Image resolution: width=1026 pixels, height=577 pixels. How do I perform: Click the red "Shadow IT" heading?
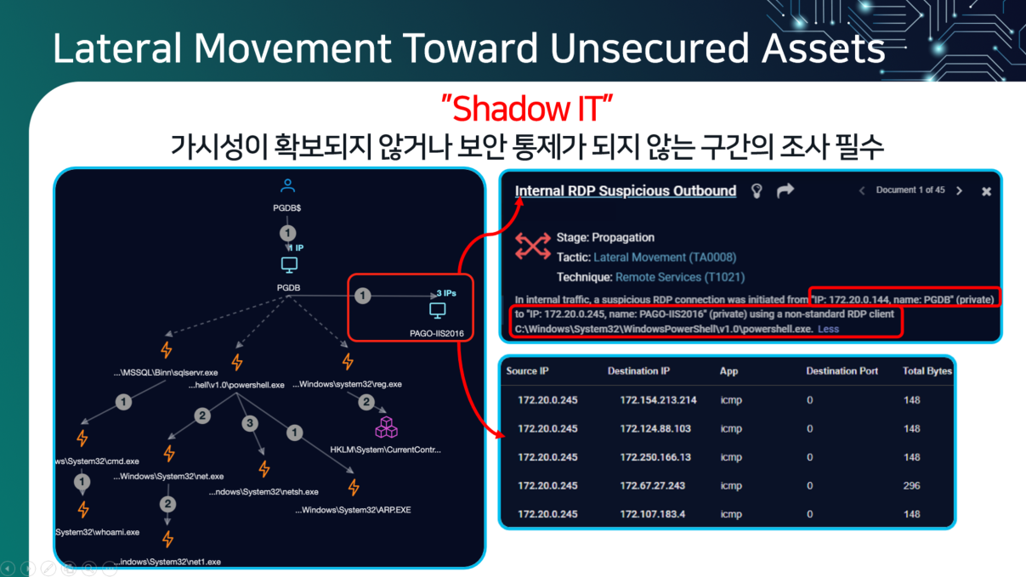click(527, 109)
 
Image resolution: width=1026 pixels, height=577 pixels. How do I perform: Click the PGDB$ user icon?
click(287, 185)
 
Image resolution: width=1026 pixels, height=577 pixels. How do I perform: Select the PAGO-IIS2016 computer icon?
click(438, 310)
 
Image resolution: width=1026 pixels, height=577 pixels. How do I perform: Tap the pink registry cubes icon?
click(387, 427)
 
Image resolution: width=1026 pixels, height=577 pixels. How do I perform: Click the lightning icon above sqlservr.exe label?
click(167, 350)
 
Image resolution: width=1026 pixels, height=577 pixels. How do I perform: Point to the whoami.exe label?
click(97, 532)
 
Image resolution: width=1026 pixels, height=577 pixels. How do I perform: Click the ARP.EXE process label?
click(353, 510)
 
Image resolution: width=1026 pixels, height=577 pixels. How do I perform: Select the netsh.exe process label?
click(264, 492)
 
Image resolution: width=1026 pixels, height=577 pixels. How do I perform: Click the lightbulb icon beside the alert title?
click(757, 190)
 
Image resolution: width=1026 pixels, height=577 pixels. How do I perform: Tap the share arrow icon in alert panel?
click(785, 190)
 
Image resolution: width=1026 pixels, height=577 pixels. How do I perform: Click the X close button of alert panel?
click(987, 191)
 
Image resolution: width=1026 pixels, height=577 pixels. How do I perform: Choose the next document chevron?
click(959, 190)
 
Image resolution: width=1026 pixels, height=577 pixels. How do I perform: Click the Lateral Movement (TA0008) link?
click(665, 257)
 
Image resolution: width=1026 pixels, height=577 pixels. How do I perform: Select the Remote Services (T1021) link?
click(680, 277)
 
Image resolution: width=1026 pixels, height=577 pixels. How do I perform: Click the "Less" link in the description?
click(828, 329)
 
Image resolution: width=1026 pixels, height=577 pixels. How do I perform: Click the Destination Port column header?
click(842, 371)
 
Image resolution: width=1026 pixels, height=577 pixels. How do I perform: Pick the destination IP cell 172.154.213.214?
click(658, 399)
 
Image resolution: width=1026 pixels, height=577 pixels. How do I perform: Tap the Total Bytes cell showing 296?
click(911, 485)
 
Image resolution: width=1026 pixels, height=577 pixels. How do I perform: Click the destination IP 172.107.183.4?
click(652, 514)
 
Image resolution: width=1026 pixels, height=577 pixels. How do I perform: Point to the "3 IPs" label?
click(446, 293)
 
